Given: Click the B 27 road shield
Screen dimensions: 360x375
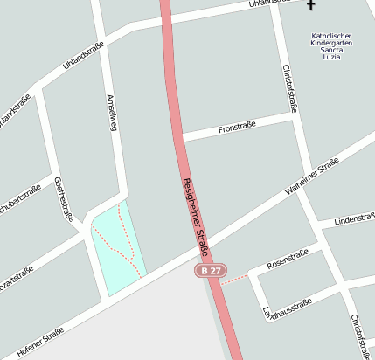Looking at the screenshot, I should (x=210, y=271).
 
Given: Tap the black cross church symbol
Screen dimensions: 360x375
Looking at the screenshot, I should (x=310, y=6).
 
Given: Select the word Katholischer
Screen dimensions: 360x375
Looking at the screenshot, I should (x=331, y=36).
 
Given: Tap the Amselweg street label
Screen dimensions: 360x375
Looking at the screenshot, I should (x=110, y=114).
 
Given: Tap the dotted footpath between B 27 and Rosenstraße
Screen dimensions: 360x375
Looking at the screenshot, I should (x=233, y=280).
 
